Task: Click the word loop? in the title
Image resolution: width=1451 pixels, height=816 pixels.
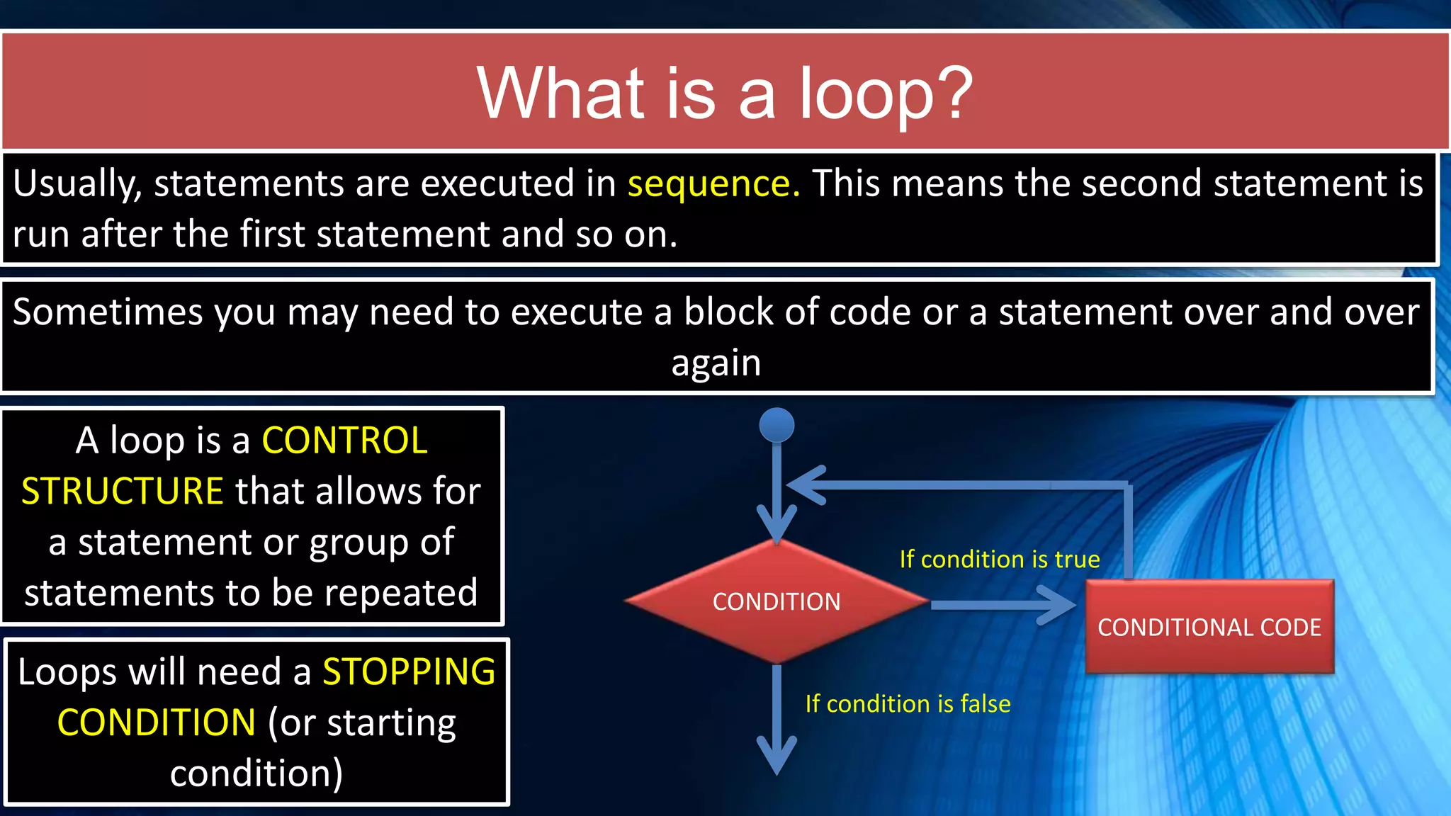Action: pos(886,93)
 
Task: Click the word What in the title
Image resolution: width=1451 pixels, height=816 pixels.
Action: pos(560,93)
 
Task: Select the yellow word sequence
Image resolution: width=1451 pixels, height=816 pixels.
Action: pos(713,183)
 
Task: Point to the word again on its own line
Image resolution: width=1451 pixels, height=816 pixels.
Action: pos(716,363)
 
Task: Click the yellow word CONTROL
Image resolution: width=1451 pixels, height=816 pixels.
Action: pos(344,441)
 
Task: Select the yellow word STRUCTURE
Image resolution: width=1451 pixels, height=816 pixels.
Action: pos(123,492)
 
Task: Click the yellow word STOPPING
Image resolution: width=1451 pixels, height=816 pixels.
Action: pos(409,671)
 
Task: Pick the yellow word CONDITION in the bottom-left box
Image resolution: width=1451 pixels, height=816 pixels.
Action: pos(156,722)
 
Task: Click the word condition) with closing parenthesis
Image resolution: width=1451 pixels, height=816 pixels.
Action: pos(256,773)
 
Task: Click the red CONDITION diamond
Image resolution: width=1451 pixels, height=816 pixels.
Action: pos(777,602)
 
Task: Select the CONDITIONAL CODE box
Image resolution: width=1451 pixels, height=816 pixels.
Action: pos(1209,628)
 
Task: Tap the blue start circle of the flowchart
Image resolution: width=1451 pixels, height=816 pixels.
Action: pos(777,425)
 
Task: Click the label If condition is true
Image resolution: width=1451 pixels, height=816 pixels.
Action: pos(999,560)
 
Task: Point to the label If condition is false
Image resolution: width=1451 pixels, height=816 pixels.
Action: pos(908,704)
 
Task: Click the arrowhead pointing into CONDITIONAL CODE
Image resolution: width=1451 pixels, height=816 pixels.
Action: pos(1059,605)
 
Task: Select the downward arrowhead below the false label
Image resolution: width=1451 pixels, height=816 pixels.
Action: pos(777,758)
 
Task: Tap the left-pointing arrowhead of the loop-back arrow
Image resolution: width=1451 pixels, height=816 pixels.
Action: pos(804,485)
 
